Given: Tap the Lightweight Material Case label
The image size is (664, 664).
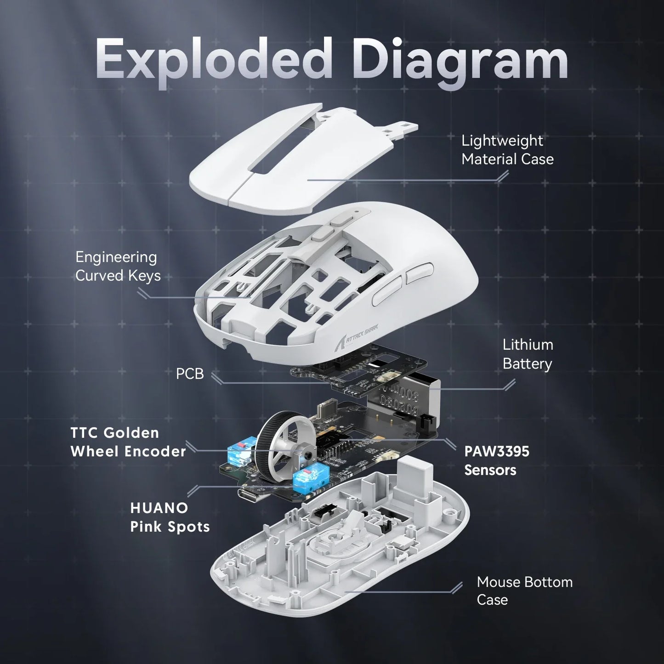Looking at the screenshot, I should tap(507, 150).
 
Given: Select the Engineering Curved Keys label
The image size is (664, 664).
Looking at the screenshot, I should tap(118, 266).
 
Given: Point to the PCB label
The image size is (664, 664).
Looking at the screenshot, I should tap(189, 374).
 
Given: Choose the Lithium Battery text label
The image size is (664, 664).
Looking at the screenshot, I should tap(528, 354).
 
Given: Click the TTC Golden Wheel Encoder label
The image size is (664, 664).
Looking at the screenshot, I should tap(128, 442).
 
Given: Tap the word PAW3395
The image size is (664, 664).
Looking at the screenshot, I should tap(497, 451).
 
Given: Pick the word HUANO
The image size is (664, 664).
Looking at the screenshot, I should tap(159, 508).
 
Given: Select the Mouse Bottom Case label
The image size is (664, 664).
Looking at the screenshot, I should tap(524, 590).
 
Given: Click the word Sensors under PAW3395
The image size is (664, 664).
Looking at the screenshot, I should tap(490, 470).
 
